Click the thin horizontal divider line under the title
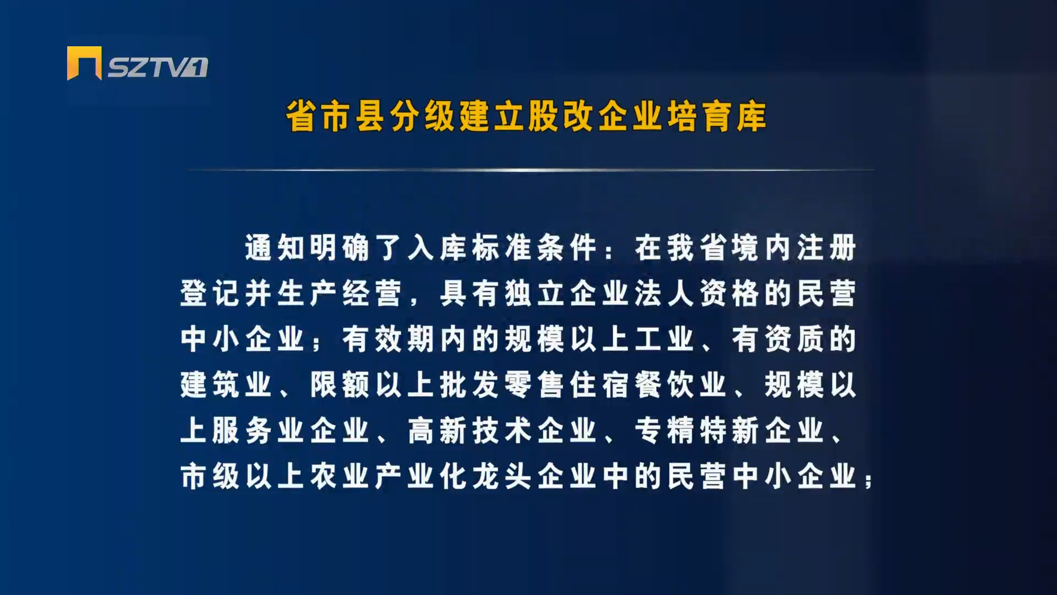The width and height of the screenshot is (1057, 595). click(531, 170)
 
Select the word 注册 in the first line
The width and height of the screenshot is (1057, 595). click(826, 247)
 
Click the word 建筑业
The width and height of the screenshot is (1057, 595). click(226, 385)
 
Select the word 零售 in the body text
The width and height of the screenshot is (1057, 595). click(534, 385)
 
